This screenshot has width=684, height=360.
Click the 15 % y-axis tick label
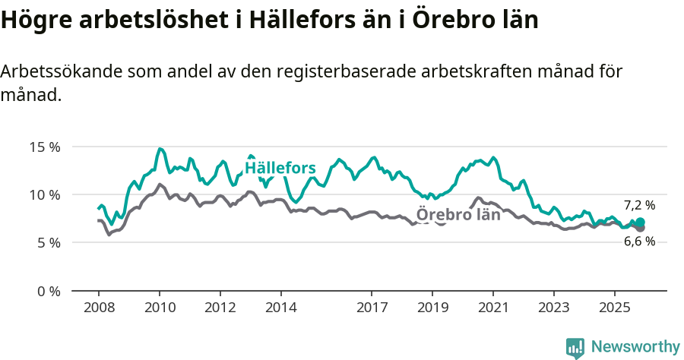click(x=45, y=147)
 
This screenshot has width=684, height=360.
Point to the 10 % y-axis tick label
click(x=45, y=194)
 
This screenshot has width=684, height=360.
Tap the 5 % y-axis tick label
click(x=49, y=243)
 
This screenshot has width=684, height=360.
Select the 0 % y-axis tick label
click(x=49, y=291)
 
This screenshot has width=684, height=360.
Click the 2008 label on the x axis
click(x=99, y=308)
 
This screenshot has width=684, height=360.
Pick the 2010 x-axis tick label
click(x=160, y=308)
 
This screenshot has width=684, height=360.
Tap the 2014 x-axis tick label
click(x=280, y=308)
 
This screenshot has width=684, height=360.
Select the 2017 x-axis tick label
click(x=372, y=308)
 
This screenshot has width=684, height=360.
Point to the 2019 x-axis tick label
click(x=432, y=308)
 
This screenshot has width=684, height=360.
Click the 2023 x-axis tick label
click(x=553, y=308)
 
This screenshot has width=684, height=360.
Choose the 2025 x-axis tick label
click(x=614, y=308)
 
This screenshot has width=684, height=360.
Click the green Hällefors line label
click(x=280, y=168)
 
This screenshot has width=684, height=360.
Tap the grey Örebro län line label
click(x=458, y=214)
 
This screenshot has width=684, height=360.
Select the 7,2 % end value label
click(x=639, y=205)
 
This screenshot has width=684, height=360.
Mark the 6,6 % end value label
click(x=639, y=242)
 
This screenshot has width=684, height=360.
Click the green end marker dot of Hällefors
click(x=640, y=222)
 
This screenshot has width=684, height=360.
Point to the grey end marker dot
click(x=640, y=228)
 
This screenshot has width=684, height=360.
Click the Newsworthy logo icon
click(x=575, y=348)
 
